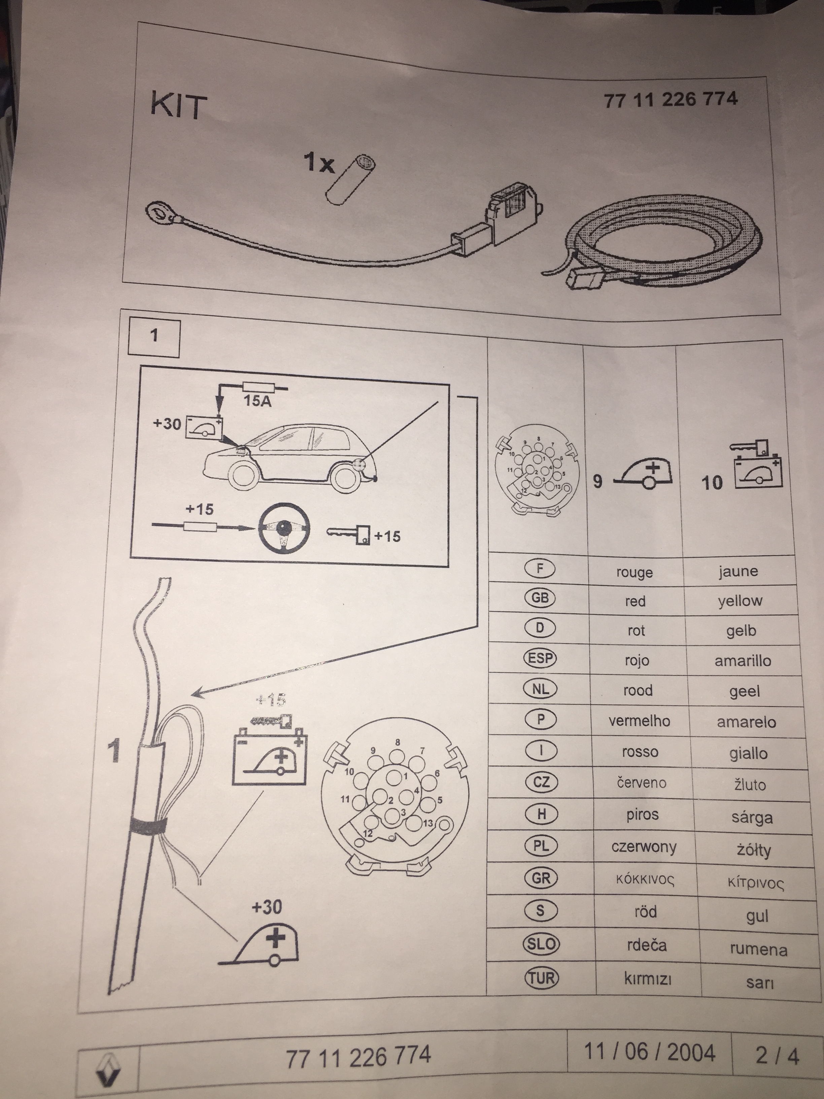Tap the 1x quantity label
[319, 162]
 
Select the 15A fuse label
[257, 400]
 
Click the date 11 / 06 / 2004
[649, 1052]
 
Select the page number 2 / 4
[777, 1056]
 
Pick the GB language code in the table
[540, 598]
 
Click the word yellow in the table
[740, 601]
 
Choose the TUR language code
[541, 978]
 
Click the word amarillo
[743, 661]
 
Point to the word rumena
[758, 950]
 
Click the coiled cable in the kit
[661, 238]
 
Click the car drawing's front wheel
[243, 476]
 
